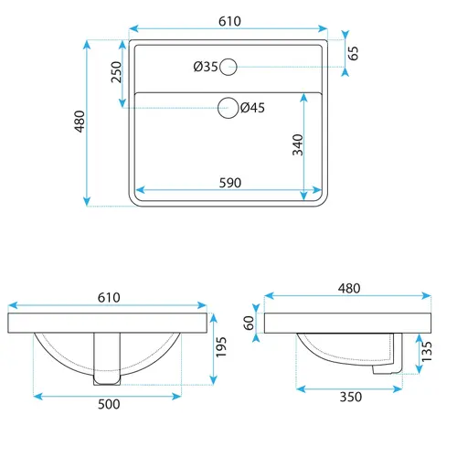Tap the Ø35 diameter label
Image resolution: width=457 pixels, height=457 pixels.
(206, 67)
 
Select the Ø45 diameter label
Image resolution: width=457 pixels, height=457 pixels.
(252, 108)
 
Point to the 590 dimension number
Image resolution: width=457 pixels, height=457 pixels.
(230, 183)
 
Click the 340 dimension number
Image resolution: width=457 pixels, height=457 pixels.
(298, 145)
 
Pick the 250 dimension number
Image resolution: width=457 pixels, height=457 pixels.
(116, 72)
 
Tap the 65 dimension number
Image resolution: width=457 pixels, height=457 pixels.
(353, 53)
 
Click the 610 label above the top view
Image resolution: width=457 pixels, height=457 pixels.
(229, 21)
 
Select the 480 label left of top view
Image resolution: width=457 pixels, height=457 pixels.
(80, 122)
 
